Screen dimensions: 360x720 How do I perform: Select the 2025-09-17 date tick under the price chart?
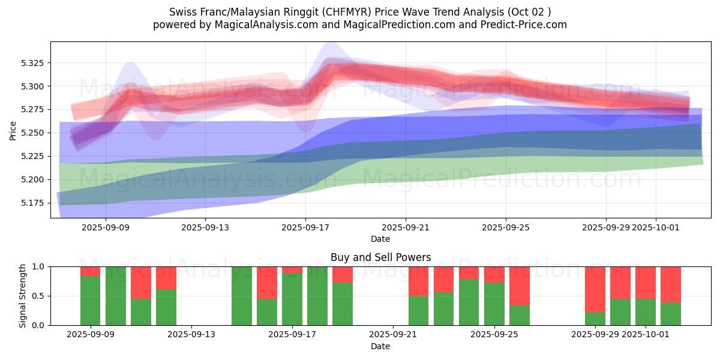pyautogui.click(x=305, y=227)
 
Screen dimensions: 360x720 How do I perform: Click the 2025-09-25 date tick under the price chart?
pyautogui.click(x=505, y=227)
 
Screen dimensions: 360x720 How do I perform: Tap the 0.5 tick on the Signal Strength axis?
pyautogui.click(x=38, y=296)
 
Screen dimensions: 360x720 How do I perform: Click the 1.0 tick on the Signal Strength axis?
pyautogui.click(x=38, y=266)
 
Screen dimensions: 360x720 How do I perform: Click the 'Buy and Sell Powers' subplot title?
pyautogui.click(x=380, y=257)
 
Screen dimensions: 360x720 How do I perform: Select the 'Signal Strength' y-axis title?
pyautogui.click(x=22, y=296)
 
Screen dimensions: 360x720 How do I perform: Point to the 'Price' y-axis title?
pyautogui.click(x=13, y=130)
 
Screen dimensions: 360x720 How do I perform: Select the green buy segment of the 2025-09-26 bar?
pyautogui.click(x=520, y=315)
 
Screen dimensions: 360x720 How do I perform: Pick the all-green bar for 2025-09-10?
pyautogui.click(x=116, y=296)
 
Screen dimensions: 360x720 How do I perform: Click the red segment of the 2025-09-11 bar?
pyautogui.click(x=141, y=282)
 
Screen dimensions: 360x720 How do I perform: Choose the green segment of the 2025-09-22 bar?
pyautogui.click(x=419, y=310)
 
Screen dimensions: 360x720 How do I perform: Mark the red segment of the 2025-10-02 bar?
pyautogui.click(x=671, y=284)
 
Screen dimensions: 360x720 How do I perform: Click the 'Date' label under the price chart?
pyautogui.click(x=380, y=239)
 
